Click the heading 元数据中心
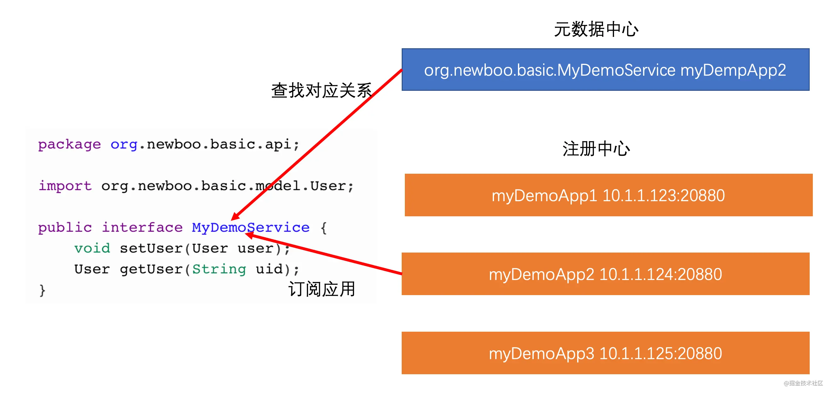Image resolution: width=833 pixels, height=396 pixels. pos(596,29)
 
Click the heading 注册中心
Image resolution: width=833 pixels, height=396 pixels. pos(596,149)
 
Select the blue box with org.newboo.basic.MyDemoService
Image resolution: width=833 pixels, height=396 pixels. pos(605,70)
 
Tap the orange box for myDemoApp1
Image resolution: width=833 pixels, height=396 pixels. pos(608,195)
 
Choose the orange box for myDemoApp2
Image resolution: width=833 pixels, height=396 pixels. pos(605,274)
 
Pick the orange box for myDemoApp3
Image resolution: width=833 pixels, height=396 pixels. pos(605,353)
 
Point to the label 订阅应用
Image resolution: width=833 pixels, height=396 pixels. pos(322,289)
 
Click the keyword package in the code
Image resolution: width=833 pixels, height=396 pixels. pos(69,144)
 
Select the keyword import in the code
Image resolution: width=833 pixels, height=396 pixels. pos(65,186)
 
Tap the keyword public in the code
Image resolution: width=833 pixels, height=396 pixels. pos(65,227)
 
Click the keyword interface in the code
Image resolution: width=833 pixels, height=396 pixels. pos(142,227)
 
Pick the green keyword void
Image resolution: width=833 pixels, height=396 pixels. pos(92,248)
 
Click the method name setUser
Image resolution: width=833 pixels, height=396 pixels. pos(151,248)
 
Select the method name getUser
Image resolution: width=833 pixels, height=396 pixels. pos(151,269)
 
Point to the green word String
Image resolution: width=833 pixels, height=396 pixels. pos(219,269)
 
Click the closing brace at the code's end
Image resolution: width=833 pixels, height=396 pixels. pos(42,290)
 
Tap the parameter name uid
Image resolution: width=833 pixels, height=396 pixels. pos(269,269)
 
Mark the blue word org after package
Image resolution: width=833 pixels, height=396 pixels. pos(124,144)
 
